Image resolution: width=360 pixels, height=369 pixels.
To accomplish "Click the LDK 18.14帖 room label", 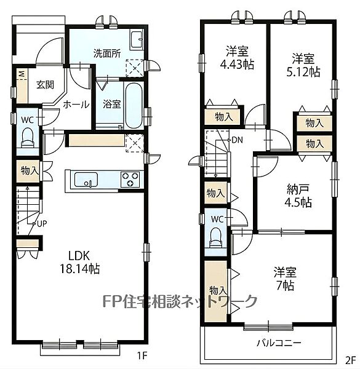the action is [80, 262].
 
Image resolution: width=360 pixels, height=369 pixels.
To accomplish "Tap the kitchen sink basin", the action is [86, 180].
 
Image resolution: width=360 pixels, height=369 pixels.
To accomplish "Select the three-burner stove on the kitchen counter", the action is [130, 180].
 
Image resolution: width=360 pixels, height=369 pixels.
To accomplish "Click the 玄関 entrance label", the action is [45, 85].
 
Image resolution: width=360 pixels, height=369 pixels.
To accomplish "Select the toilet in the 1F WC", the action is [28, 138].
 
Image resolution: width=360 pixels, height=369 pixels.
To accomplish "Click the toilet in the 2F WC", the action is [216, 237].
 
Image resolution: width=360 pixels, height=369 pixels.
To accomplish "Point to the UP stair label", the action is [42, 224].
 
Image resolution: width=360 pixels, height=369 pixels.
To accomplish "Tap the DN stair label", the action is [237, 140].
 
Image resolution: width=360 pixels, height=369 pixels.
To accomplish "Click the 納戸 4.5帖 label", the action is [298, 196].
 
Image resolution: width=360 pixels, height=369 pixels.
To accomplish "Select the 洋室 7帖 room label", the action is [285, 279].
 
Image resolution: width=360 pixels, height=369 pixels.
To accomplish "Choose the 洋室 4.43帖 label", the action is [237, 58].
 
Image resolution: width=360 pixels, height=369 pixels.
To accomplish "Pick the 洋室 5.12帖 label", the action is [303, 65].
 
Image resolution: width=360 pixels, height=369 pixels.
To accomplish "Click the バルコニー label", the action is [279, 343].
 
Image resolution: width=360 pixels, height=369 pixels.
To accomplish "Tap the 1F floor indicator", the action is [142, 355].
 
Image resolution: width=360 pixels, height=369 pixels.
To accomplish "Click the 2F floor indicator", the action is [350, 360].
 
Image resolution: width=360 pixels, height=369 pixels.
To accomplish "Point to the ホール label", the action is [76, 105].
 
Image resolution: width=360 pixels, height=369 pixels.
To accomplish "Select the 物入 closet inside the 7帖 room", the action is [215, 292].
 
